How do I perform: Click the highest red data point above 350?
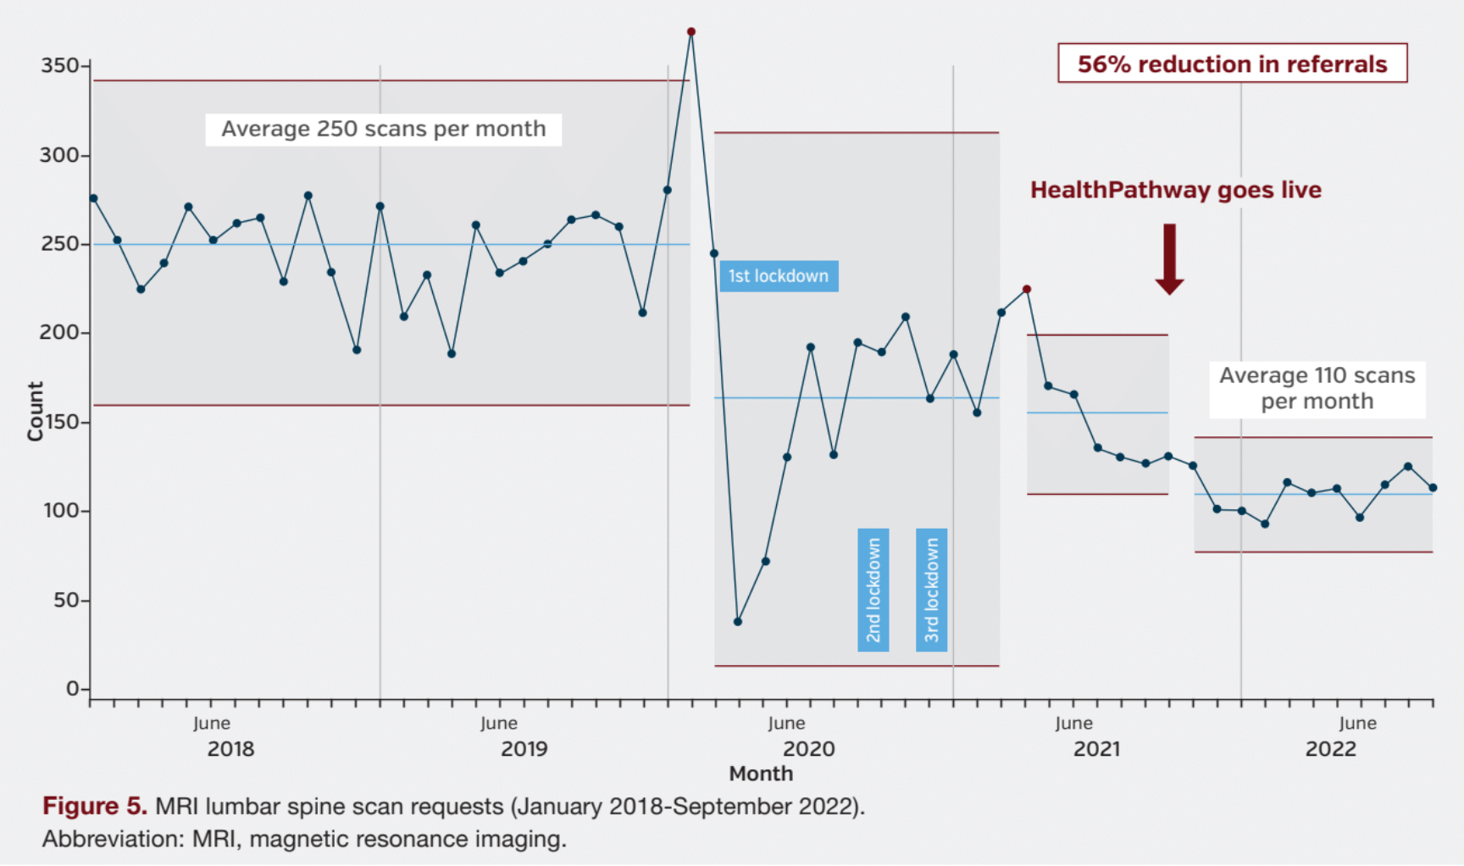point(691,32)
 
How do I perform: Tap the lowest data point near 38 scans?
point(738,622)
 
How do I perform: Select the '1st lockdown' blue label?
point(779,276)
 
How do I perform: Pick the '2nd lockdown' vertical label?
point(873,590)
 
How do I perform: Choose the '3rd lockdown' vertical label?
point(931,590)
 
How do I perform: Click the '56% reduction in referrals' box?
point(1232,64)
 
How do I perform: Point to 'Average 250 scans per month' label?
point(383,130)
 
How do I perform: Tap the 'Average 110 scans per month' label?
point(1317,388)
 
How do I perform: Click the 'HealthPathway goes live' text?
point(1175,190)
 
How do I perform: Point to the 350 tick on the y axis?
point(60,66)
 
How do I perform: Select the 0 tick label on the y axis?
point(73,689)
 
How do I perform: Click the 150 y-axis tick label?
point(60,422)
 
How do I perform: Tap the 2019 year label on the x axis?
point(524,749)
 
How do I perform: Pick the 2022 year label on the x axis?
point(1330,749)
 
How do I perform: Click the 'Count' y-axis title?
point(35,411)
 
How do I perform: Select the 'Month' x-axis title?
point(761,774)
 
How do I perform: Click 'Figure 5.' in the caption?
point(95,806)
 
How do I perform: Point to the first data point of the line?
point(93,199)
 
